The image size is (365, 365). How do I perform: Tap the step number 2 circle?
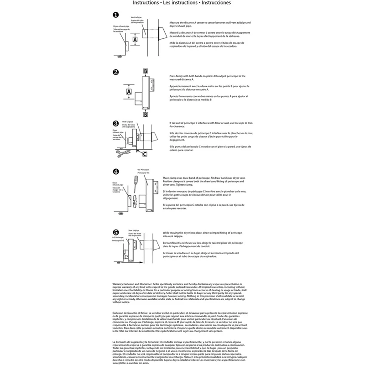click(116, 72)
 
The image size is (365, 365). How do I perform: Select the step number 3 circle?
click(116, 124)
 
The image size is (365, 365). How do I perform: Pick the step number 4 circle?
click(116, 172)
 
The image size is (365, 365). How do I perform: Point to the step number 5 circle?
click(116, 232)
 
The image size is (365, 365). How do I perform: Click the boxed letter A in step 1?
click(135, 40)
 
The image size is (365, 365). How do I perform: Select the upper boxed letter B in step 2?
click(145, 71)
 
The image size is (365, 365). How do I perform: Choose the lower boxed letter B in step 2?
click(145, 115)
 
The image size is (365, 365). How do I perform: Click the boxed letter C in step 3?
click(145, 154)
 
